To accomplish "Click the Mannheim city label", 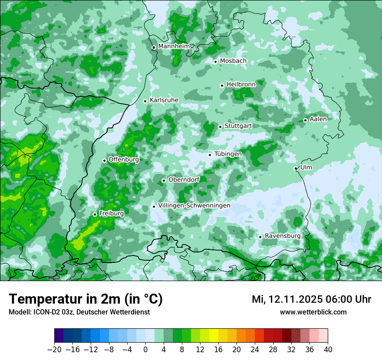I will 174,46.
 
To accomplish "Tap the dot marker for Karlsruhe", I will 145,101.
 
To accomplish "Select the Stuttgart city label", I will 238,126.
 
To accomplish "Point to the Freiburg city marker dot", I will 95,214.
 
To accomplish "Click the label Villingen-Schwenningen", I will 194,206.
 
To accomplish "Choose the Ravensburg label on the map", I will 282,236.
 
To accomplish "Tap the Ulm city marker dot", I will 296,168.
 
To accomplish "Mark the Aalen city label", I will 318,119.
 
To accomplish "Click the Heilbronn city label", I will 241,85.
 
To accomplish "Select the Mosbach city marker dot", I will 215,62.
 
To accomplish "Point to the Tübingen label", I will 228,154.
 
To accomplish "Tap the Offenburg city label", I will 124,160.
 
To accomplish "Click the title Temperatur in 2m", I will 86,299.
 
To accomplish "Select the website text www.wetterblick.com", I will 313,312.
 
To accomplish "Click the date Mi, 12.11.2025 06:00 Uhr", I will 311,299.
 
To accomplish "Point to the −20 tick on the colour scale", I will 54,350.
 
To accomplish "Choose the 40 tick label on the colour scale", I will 328,350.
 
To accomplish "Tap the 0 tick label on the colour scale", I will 145,350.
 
